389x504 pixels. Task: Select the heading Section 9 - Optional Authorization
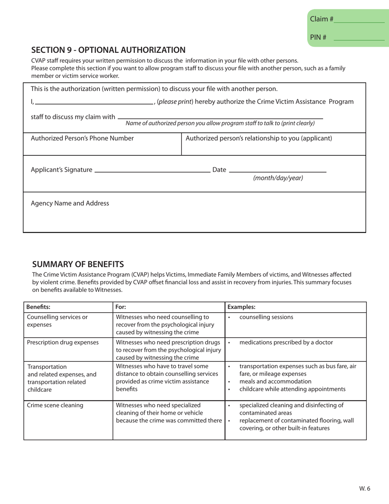tap(109, 50)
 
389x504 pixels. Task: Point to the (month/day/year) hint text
tap(278, 178)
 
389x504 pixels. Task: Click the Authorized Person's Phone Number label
tap(82, 138)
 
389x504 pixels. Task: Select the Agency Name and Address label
tap(70, 203)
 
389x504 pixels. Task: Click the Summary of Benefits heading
tap(78, 264)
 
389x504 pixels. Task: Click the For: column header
tap(121, 306)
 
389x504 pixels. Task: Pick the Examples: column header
tap(241, 306)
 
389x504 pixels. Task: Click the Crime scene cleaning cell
tap(55, 406)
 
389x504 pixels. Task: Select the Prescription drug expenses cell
tap(63, 343)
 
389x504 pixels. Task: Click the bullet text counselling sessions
tap(266, 317)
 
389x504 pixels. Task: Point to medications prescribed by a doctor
tap(286, 343)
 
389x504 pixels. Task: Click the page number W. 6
tap(365, 488)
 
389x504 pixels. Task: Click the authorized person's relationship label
tap(259, 138)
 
